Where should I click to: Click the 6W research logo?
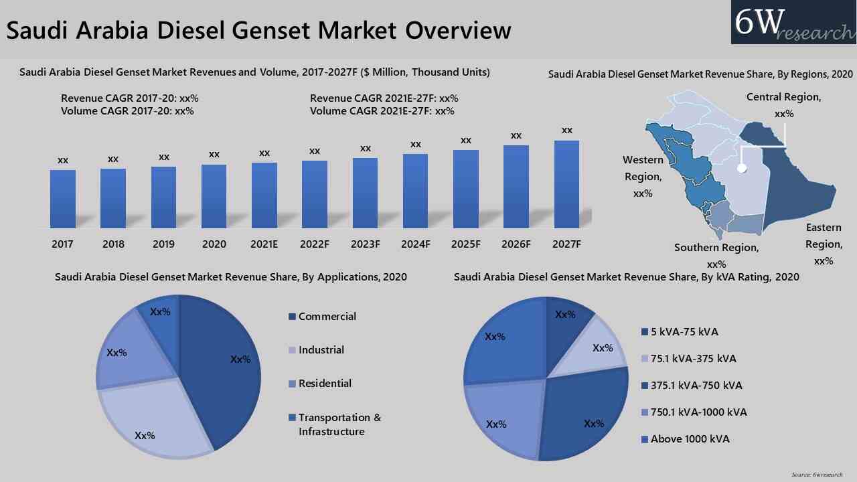[793, 23]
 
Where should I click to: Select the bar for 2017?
[62, 199]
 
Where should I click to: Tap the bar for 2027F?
[566, 184]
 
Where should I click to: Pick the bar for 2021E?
[264, 195]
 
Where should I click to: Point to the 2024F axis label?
[415, 244]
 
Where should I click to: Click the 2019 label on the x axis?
[163, 244]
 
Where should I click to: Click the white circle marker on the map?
[741, 169]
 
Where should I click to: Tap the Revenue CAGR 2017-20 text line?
[129, 98]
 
